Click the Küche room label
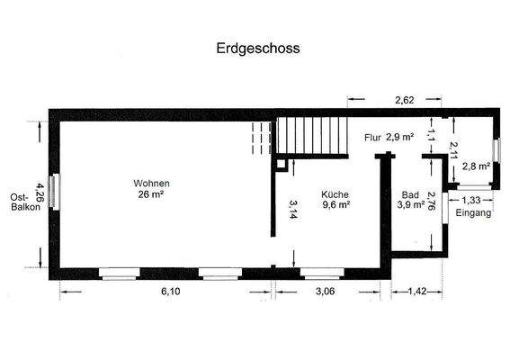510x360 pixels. click(335, 193)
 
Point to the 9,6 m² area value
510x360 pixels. click(335, 204)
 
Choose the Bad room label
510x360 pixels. click(411, 194)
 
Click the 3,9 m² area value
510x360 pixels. click(411, 205)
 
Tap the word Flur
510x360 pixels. click(373, 139)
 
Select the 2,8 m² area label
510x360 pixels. click(475, 166)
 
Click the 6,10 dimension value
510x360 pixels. click(167, 292)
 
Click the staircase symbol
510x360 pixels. click(309, 136)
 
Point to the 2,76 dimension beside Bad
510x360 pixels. click(433, 202)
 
